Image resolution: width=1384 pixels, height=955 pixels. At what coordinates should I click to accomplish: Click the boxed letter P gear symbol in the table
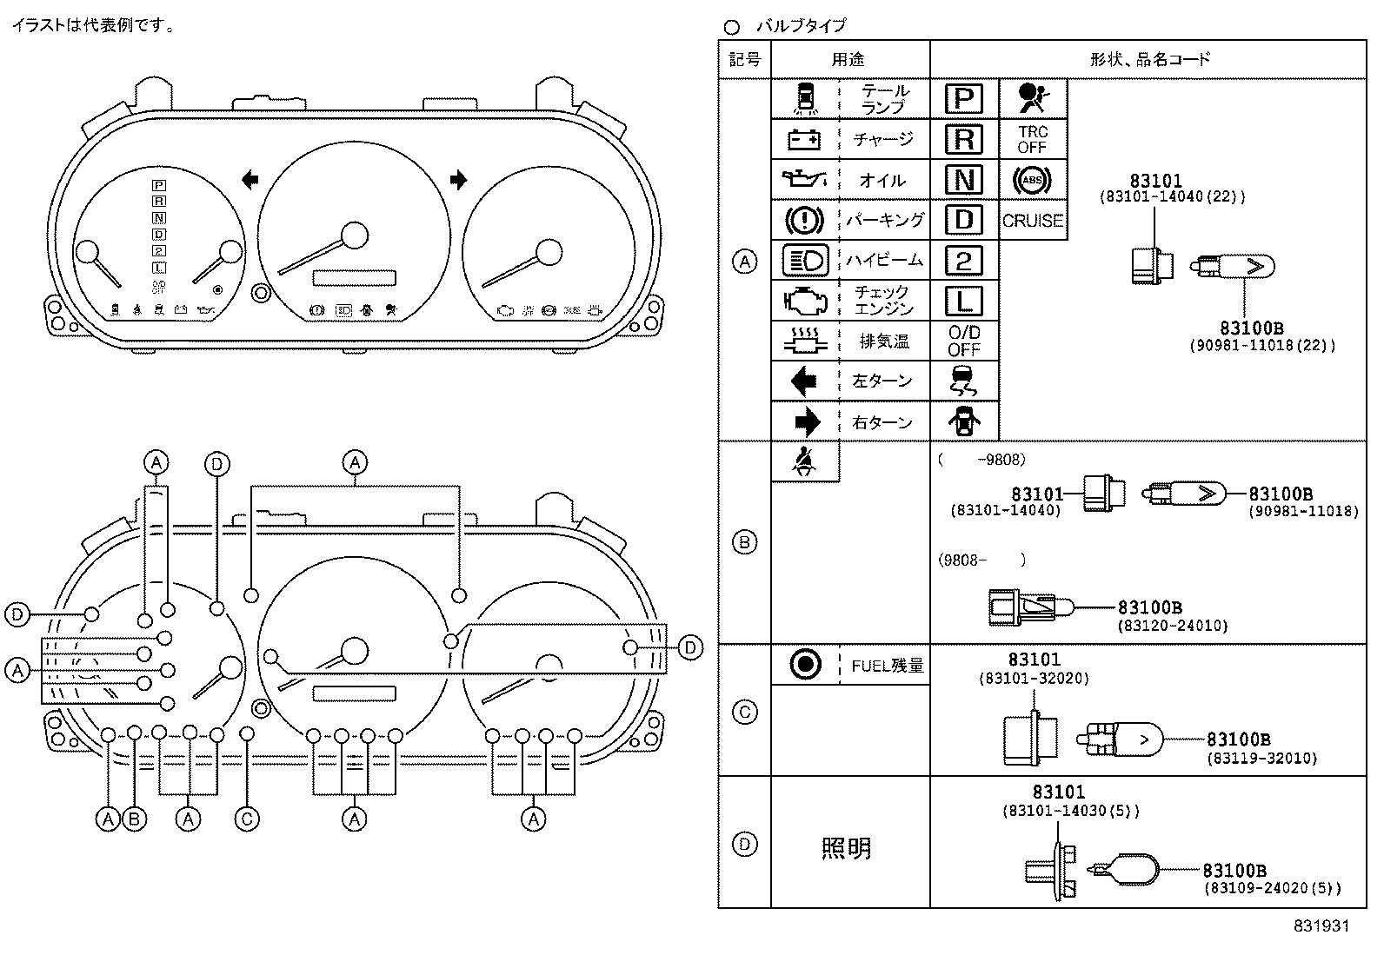963,99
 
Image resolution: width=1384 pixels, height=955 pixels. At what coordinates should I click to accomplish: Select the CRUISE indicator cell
1033,221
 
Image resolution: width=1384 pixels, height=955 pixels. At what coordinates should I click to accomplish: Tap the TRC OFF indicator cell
1033,139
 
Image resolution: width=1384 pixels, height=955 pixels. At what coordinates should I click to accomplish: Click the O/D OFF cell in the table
963,341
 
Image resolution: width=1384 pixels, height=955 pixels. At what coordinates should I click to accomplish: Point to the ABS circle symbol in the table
1032,180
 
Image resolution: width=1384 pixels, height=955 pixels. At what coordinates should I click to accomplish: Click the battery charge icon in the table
803,139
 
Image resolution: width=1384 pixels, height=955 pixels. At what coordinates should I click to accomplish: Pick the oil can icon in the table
803,180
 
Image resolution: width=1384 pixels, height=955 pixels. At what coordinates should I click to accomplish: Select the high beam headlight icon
805,260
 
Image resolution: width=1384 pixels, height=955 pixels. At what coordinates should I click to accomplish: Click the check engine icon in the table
803,301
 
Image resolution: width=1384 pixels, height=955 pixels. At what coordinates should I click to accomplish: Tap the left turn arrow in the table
803,381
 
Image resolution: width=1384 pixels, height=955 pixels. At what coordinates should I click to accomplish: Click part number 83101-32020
1034,678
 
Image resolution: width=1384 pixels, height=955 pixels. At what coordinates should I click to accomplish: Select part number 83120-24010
1172,625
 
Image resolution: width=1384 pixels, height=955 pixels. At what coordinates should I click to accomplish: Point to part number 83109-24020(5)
1272,888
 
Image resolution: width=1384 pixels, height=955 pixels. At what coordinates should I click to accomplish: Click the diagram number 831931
1321,926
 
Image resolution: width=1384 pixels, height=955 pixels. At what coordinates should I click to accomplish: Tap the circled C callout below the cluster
247,819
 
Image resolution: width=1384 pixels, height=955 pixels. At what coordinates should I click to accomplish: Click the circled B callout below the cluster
133,819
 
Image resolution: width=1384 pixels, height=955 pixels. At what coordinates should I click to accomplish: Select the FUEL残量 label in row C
887,667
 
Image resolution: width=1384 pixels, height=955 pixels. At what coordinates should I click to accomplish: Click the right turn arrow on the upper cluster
458,180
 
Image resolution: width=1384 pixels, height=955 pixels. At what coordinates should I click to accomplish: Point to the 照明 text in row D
846,848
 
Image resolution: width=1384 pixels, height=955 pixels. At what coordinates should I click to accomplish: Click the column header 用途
848,59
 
